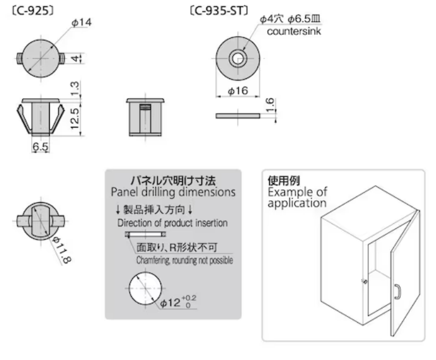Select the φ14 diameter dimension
click(81, 23)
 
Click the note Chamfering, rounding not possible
click(185, 261)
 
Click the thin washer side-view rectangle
click(237, 116)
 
